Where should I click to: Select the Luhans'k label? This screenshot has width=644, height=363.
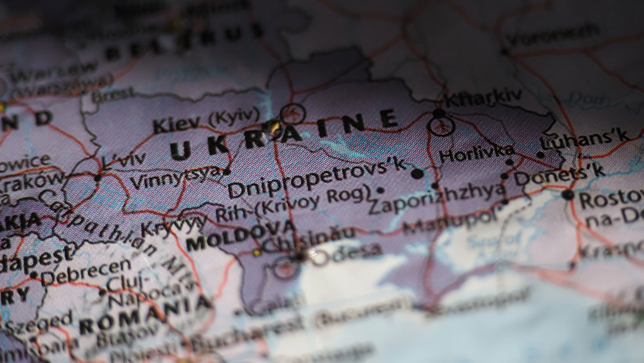pos(585,140)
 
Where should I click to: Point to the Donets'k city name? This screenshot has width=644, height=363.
pos(559,172)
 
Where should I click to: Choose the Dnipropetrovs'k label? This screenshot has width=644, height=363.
pos(317,179)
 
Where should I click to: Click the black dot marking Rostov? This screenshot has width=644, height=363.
pos(567,195)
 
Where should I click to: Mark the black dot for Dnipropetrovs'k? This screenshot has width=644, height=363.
pos(417,173)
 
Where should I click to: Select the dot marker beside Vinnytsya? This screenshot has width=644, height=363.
pos(226,172)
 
